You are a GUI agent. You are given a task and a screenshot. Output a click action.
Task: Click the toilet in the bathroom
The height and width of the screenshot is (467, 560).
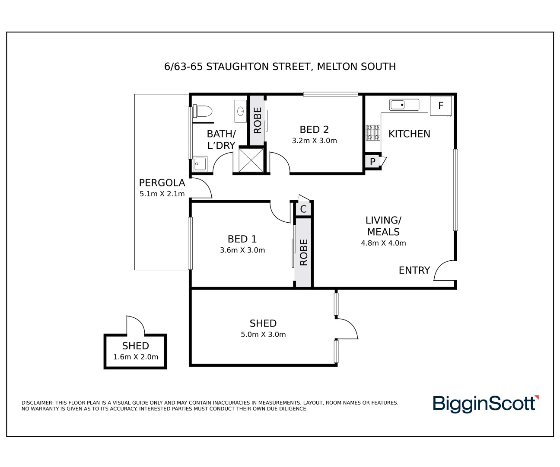(203, 111)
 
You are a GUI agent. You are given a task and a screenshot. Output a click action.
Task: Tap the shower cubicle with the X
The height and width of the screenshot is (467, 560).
(251, 160)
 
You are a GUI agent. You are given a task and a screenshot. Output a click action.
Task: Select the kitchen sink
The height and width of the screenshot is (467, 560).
(404, 105)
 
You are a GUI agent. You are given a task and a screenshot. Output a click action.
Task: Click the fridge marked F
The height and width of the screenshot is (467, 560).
(441, 106)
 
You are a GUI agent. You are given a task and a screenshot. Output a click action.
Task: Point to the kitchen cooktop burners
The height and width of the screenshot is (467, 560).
(373, 133)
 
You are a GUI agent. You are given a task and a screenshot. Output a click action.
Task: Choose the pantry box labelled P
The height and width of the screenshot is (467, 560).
(372, 162)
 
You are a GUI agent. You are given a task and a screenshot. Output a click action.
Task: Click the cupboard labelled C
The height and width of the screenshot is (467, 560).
(303, 209)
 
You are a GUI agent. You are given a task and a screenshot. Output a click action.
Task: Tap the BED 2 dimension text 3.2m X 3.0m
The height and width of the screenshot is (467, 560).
(314, 141)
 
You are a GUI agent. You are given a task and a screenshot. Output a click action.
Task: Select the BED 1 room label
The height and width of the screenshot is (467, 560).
(242, 239)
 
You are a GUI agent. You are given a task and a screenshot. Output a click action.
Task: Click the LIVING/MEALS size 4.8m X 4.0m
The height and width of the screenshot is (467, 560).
(383, 243)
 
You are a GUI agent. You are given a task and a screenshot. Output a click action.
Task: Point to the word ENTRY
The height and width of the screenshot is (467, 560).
(414, 270)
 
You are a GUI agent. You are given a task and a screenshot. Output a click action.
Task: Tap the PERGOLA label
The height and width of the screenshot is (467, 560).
(162, 183)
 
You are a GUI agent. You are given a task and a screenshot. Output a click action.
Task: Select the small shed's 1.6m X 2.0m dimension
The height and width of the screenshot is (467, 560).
(136, 357)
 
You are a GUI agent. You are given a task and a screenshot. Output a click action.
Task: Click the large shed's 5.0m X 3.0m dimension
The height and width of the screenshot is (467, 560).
(263, 334)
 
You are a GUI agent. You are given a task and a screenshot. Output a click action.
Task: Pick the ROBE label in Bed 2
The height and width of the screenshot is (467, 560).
(258, 120)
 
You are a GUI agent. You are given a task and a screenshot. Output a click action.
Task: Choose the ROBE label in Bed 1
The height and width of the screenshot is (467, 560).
(304, 252)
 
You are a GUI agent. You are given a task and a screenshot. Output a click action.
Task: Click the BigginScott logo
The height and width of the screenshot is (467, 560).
(485, 404)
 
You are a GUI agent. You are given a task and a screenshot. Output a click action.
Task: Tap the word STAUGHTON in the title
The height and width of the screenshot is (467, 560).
(237, 67)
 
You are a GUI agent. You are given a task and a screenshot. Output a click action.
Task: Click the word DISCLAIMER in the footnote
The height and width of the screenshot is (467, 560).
(37, 403)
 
